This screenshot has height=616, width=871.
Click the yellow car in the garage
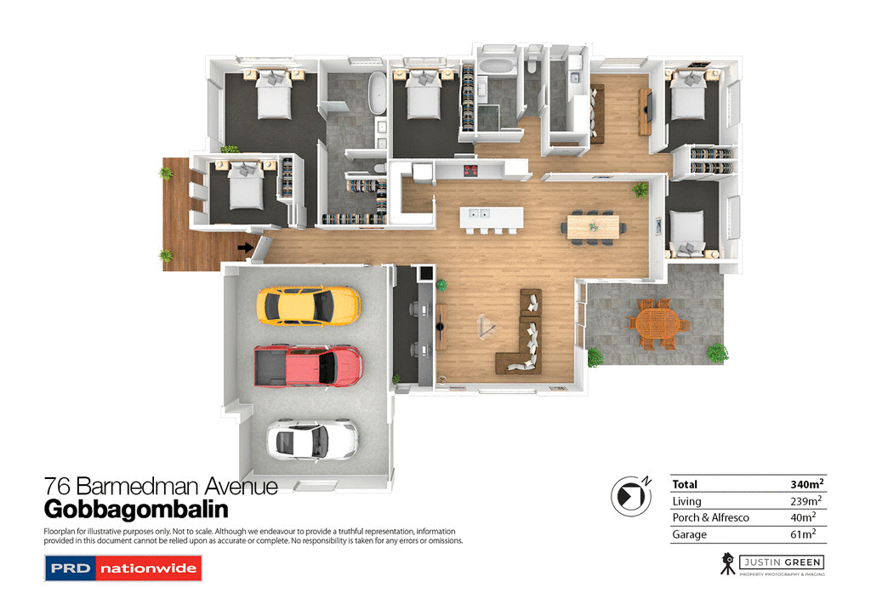[308, 304]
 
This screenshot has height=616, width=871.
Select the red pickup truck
[308, 367]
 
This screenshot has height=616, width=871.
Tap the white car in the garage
[311, 438]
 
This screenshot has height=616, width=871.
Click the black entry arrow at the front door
[245, 248]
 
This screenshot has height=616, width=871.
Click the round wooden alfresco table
[658, 324]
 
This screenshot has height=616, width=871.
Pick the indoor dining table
[595, 226]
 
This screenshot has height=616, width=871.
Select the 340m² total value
[806, 484]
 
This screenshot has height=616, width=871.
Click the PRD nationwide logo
[122, 568]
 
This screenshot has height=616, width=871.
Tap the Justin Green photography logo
[771, 563]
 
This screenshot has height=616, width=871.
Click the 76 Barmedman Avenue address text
[161, 487]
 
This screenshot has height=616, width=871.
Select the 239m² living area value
[806, 501]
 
